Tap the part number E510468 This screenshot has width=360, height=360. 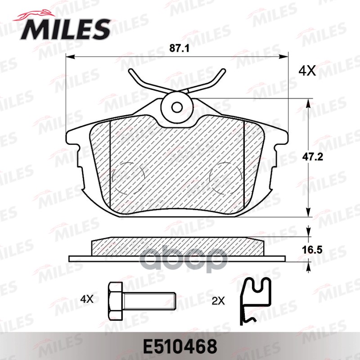[x=180, y=346]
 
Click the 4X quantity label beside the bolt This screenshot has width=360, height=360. [x=87, y=298]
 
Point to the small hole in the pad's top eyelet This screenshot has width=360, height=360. [x=177, y=107]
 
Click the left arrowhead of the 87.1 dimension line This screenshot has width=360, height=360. [x=68, y=57]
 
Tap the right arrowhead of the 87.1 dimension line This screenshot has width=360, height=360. [x=285, y=57]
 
